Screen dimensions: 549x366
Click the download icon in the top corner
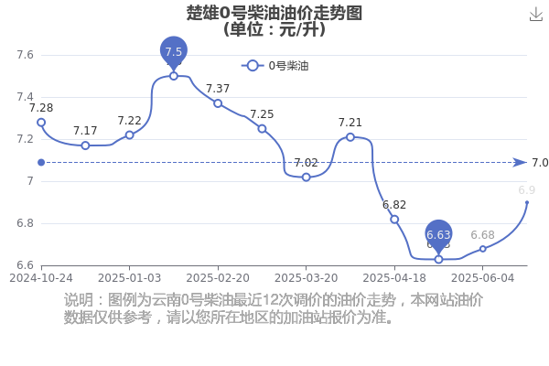click(x=535, y=15)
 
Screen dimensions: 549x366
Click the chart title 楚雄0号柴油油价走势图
click(x=274, y=13)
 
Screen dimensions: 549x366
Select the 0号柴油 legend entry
click(x=274, y=66)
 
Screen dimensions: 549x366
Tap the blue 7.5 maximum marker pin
click(x=174, y=52)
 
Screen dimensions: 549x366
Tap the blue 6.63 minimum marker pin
click(x=438, y=235)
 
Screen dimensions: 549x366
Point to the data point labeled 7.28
click(x=41, y=123)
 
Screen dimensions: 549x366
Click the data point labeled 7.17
click(x=85, y=145)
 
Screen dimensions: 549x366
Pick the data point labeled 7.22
click(x=130, y=135)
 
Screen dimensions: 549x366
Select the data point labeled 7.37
click(x=218, y=103)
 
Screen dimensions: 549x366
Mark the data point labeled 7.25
click(x=262, y=128)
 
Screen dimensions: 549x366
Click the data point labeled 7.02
click(x=306, y=178)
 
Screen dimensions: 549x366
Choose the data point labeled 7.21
click(x=350, y=137)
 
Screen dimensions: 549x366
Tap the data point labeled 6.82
click(x=394, y=220)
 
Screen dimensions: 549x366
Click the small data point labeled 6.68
click(x=483, y=249)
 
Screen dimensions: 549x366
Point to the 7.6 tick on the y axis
click(x=26, y=55)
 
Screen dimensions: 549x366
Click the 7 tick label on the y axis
click(x=30, y=181)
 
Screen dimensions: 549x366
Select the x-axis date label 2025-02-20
click(x=218, y=278)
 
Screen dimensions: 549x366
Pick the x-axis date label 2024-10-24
click(x=41, y=278)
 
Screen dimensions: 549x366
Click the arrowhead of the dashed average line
click(x=520, y=163)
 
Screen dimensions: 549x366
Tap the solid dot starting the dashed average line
click(x=41, y=163)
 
